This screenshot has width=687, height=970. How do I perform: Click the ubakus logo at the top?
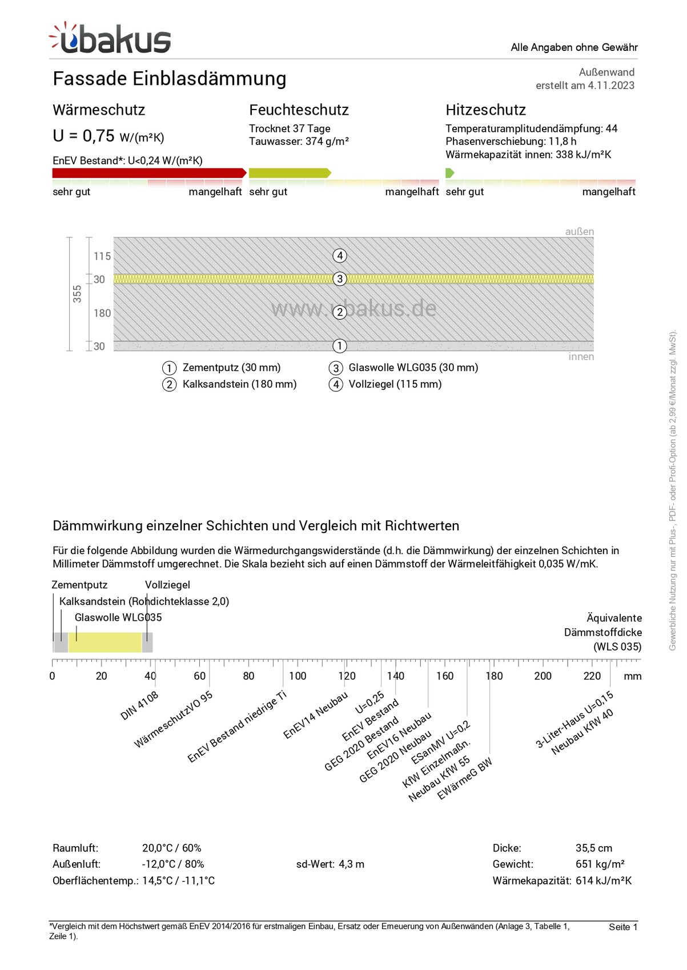tap(110, 39)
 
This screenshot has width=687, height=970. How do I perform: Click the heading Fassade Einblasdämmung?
tap(169, 79)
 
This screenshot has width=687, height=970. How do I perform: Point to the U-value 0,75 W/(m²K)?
tap(109, 136)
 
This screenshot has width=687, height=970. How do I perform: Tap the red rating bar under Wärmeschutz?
tap(148, 173)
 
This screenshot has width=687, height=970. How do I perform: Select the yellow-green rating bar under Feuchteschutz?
tap(289, 173)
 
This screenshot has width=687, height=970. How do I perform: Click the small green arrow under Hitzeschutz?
tap(449, 173)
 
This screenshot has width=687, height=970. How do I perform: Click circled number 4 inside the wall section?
tap(340, 256)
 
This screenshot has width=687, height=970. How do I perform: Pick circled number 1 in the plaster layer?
tap(340, 346)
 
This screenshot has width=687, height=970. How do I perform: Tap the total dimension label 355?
tap(77, 294)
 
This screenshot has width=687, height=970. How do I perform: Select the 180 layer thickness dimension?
tap(102, 313)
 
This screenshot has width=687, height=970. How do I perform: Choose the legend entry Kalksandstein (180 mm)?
tap(239, 385)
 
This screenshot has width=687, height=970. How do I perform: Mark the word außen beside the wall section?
tap(579, 232)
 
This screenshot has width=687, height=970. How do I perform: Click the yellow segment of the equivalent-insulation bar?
tap(105, 642)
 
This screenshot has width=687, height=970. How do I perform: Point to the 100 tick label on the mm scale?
tap(298, 676)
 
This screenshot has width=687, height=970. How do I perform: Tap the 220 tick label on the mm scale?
tap(592, 676)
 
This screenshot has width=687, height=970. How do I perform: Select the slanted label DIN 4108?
tap(139, 706)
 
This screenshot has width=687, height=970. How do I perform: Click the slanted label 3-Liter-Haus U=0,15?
tap(574, 720)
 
